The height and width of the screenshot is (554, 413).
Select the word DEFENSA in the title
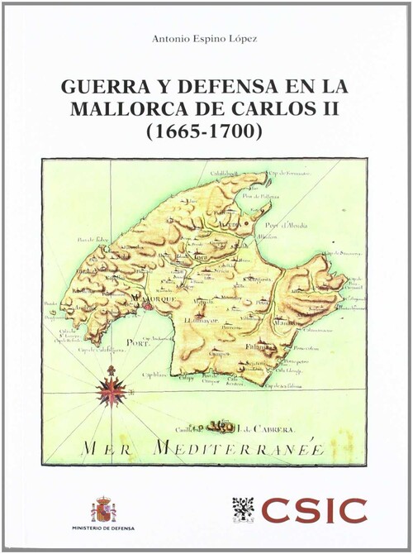[x=223, y=86]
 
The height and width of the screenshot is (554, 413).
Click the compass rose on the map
[x=111, y=390]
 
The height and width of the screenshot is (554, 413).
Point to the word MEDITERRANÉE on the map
[x=240, y=449]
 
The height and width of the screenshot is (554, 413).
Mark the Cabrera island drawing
[x=221, y=427]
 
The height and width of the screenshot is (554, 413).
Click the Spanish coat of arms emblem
[x=104, y=509]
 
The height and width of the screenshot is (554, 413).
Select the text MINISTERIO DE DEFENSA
[x=104, y=528]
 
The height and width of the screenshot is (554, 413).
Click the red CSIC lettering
[x=314, y=510]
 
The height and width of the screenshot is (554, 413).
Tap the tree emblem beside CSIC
[x=242, y=510]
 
